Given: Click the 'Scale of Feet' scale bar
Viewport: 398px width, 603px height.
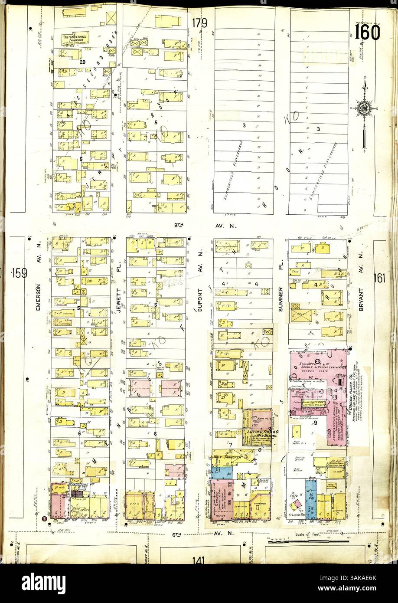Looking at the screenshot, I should [308, 540].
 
